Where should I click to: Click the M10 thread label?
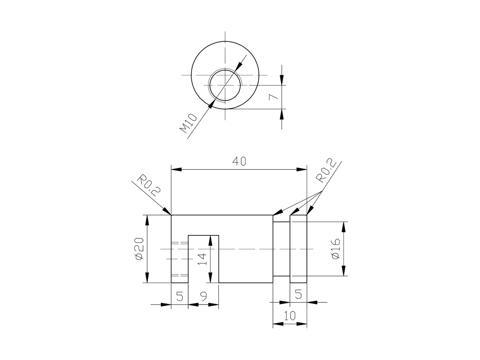pos(187,123)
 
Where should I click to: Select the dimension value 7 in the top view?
pos(273,97)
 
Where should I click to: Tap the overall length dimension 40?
pos(239,161)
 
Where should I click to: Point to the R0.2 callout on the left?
pos(149,186)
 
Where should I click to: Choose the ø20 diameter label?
pos(139,249)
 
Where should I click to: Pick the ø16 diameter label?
pos(336,248)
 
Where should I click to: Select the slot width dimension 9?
pos(203,296)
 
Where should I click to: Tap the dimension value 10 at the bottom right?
pos(290,315)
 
